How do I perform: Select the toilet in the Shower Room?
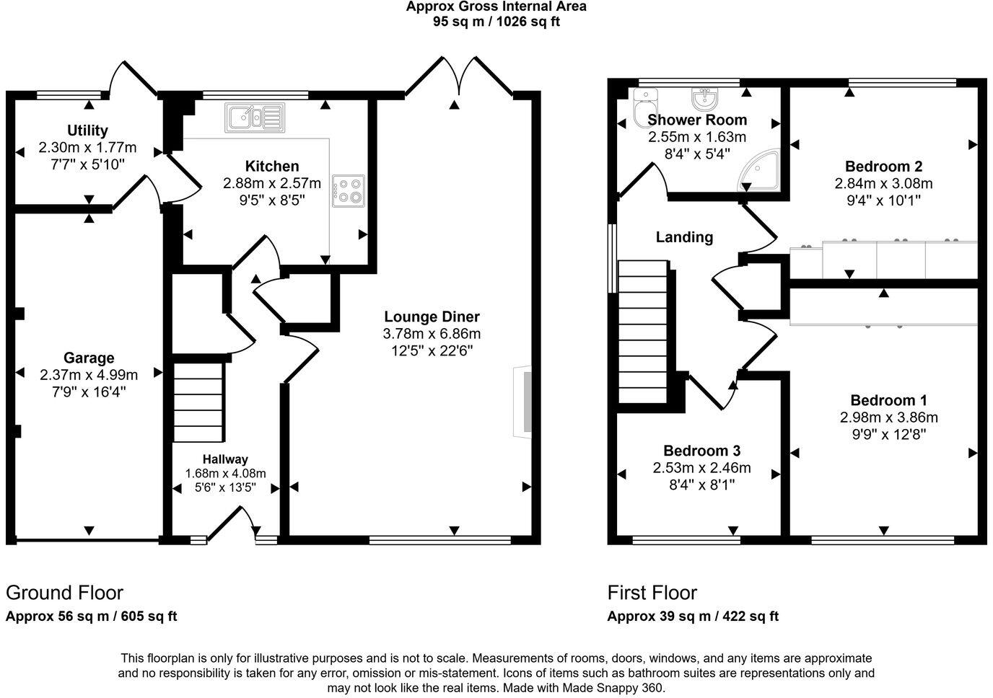(642, 107)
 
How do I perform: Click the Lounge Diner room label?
(432, 317)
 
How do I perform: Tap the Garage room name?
(89, 358)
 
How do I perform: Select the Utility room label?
(87, 131)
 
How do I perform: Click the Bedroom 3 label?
(701, 451)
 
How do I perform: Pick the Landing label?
(684, 237)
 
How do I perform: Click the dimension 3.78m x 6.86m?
(432, 334)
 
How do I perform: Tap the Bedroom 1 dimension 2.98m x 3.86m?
(888, 418)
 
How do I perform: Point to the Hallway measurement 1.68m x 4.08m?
(225, 474)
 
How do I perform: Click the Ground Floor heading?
(64, 593)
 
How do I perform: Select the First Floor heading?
(652, 593)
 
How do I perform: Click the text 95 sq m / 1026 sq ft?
(496, 22)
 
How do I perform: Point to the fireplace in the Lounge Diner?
(523, 402)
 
